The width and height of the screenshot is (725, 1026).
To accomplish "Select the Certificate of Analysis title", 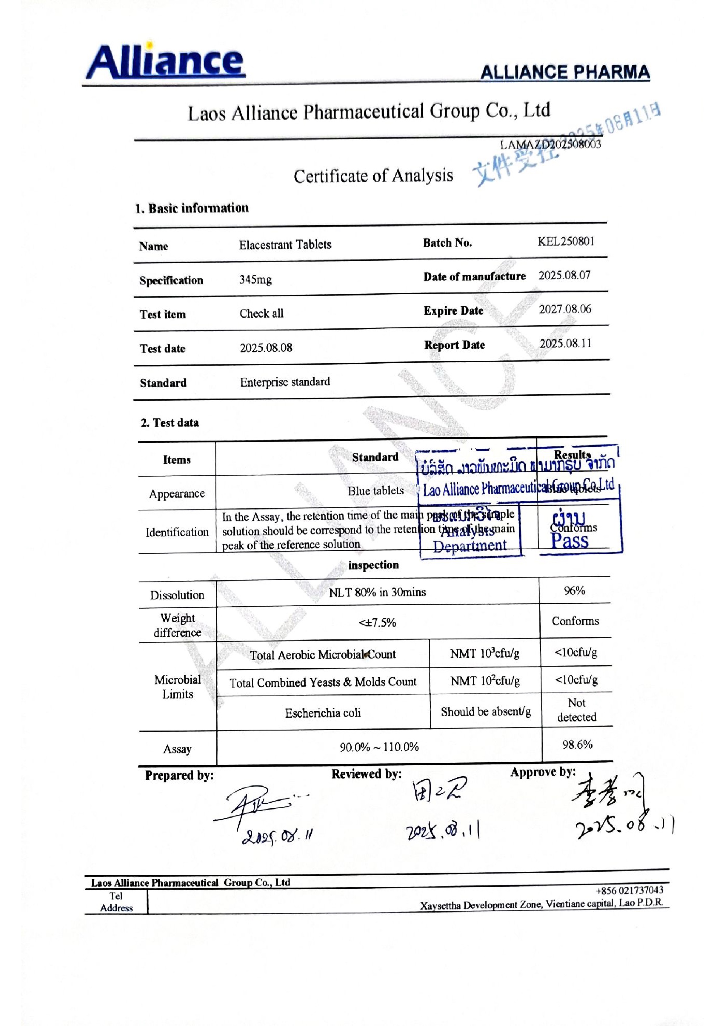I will click(x=373, y=176).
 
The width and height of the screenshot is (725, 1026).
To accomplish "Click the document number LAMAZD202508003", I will click(x=550, y=144).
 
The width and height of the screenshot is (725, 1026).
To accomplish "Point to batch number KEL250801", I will click(x=566, y=242).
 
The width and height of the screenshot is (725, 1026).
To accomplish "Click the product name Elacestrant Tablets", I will click(x=285, y=245).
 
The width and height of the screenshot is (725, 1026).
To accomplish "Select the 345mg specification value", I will click(x=255, y=280).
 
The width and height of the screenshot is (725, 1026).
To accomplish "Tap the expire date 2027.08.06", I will click(x=565, y=309).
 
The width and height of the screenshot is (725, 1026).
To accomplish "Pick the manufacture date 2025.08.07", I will click(x=564, y=275).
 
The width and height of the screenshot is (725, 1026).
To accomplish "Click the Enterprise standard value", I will click(x=285, y=382).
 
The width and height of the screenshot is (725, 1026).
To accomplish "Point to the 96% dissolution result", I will click(x=574, y=591).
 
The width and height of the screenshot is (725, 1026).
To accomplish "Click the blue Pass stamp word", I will click(x=570, y=541).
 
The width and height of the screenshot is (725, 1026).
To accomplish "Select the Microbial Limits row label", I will click(x=177, y=687).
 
